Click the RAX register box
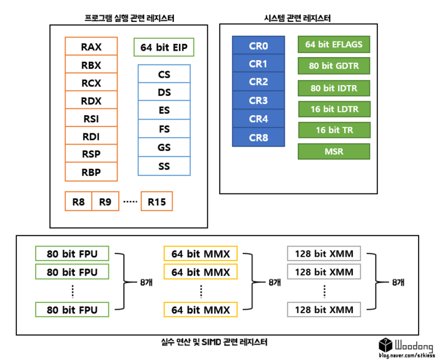pyautogui.click(x=91, y=47)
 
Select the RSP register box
pyautogui.click(x=91, y=154)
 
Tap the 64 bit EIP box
pyautogui.click(x=164, y=48)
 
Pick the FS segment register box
pyautogui.click(x=164, y=130)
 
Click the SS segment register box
pyautogui.click(x=164, y=167)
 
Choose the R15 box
pyautogui.click(x=156, y=202)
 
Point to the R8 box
pyautogui.click(x=78, y=202)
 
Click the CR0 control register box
pyautogui.click(x=258, y=45)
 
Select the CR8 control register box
pyautogui.click(x=258, y=137)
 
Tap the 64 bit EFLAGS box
pyautogui.click(x=334, y=44)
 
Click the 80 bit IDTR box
pyautogui.click(x=334, y=88)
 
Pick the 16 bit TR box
pyautogui.click(x=334, y=130)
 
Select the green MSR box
pyautogui.click(x=334, y=152)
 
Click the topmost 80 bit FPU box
pyautogui.click(x=73, y=254)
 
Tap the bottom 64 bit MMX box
pyautogui.click(x=200, y=309)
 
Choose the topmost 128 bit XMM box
pyautogui.click(x=324, y=254)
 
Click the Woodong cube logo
pyautogui.click(x=385, y=344)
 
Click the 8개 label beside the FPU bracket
pyautogui.click(x=146, y=282)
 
